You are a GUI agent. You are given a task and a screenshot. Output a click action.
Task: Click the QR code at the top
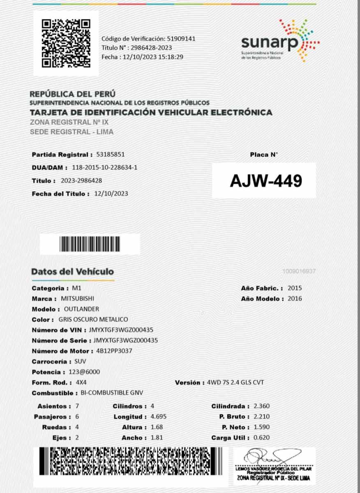pyautogui.click(x=66, y=44)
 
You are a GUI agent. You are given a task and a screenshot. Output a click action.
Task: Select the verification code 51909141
pyautogui.click(x=181, y=39)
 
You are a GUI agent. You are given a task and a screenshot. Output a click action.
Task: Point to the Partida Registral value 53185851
pyautogui.click(x=110, y=154)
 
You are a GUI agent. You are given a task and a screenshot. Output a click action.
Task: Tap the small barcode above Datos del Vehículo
pyautogui.click(x=90, y=244)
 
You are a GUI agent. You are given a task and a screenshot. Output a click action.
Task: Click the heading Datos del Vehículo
pyautogui.click(x=72, y=272)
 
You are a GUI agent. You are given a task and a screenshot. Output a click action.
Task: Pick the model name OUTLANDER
pyautogui.click(x=81, y=309)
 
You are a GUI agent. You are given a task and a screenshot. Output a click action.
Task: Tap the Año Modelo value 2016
pyautogui.click(x=295, y=299)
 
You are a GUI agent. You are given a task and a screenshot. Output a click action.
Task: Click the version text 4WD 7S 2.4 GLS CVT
pyautogui.click(x=236, y=382)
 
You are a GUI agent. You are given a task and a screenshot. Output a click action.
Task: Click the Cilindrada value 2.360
pyautogui.click(x=261, y=406)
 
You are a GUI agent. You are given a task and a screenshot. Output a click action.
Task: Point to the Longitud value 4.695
pyautogui.click(x=158, y=417)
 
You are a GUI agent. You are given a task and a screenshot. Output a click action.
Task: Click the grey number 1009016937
pyautogui.click(x=299, y=272)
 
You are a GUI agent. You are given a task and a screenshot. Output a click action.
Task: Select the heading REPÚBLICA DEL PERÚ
pyautogui.click(x=73, y=94)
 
